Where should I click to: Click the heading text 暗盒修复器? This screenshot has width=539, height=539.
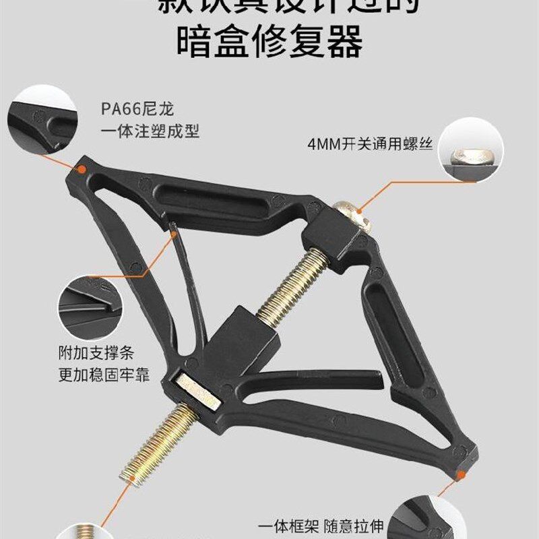coord(269,42)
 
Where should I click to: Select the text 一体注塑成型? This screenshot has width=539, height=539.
coord(150,129)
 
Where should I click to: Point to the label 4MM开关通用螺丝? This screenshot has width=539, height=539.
coord(369,144)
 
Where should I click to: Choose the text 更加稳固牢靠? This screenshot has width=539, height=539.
coord(103,374)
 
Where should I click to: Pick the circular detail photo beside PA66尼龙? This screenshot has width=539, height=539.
coord(42,120)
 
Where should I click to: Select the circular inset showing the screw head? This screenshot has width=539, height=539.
coord(472,150)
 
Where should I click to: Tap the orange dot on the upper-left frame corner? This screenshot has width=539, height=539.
coord(83,171)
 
